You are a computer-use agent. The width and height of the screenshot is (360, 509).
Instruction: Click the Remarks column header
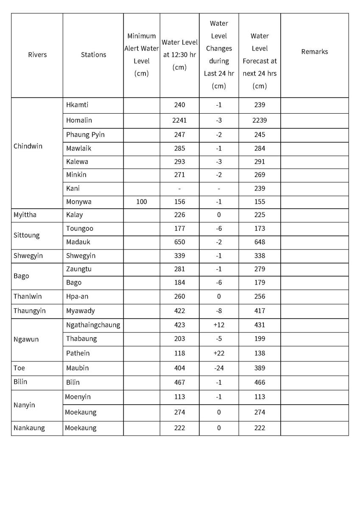click(x=315, y=52)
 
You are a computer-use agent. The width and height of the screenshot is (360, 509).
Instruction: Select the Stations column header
click(x=93, y=55)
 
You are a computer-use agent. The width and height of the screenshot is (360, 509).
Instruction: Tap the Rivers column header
click(x=37, y=55)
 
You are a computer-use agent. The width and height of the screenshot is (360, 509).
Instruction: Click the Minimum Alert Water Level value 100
click(x=142, y=202)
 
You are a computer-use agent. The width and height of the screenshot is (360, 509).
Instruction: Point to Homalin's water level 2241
click(x=179, y=120)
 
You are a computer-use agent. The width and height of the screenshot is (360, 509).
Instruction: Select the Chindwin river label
click(x=28, y=146)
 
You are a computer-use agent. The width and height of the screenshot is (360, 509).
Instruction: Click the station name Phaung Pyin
click(x=85, y=135)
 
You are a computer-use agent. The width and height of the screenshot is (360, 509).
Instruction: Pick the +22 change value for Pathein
click(x=219, y=353)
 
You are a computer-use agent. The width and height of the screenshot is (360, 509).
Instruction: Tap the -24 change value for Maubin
click(x=219, y=368)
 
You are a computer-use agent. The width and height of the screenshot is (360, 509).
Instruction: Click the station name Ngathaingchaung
click(x=93, y=325)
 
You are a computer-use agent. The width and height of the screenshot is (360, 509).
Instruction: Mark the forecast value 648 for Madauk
click(x=260, y=242)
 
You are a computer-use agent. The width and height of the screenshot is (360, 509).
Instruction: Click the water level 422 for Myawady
click(x=179, y=311)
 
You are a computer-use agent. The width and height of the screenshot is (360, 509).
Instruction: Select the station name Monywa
click(x=78, y=202)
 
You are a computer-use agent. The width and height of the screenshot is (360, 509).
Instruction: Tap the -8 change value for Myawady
click(x=219, y=311)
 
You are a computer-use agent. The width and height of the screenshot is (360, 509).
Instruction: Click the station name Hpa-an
click(x=77, y=296)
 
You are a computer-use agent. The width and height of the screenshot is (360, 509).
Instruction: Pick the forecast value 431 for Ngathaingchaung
click(x=260, y=325)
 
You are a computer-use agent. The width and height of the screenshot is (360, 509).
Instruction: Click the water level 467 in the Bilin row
click(x=179, y=382)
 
